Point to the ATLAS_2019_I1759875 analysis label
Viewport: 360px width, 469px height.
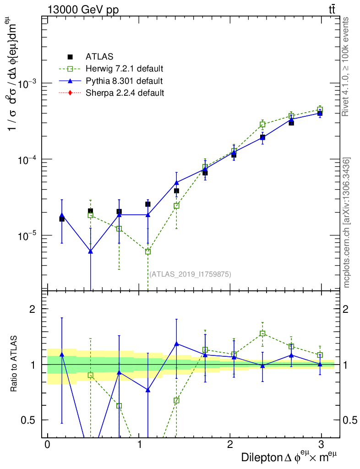coord(190,274)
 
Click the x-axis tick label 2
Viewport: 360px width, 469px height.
coord(229,445)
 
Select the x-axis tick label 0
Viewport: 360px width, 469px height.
coord(47,445)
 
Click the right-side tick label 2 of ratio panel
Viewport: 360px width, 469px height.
coord(347,309)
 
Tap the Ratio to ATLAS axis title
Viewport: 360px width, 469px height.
coord(15,365)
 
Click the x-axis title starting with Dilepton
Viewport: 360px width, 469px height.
coord(291,458)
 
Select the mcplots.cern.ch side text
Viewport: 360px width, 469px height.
coord(347,223)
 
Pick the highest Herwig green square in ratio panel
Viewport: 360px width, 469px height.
coord(262,333)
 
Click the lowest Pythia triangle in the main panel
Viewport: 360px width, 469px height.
coord(91,251)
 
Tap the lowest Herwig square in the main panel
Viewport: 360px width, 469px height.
coord(148,251)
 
